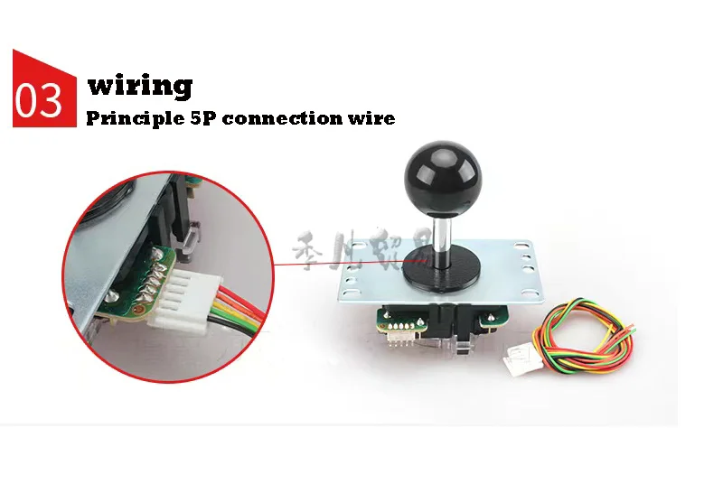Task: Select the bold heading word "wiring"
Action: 139,87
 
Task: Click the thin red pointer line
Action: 316,265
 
